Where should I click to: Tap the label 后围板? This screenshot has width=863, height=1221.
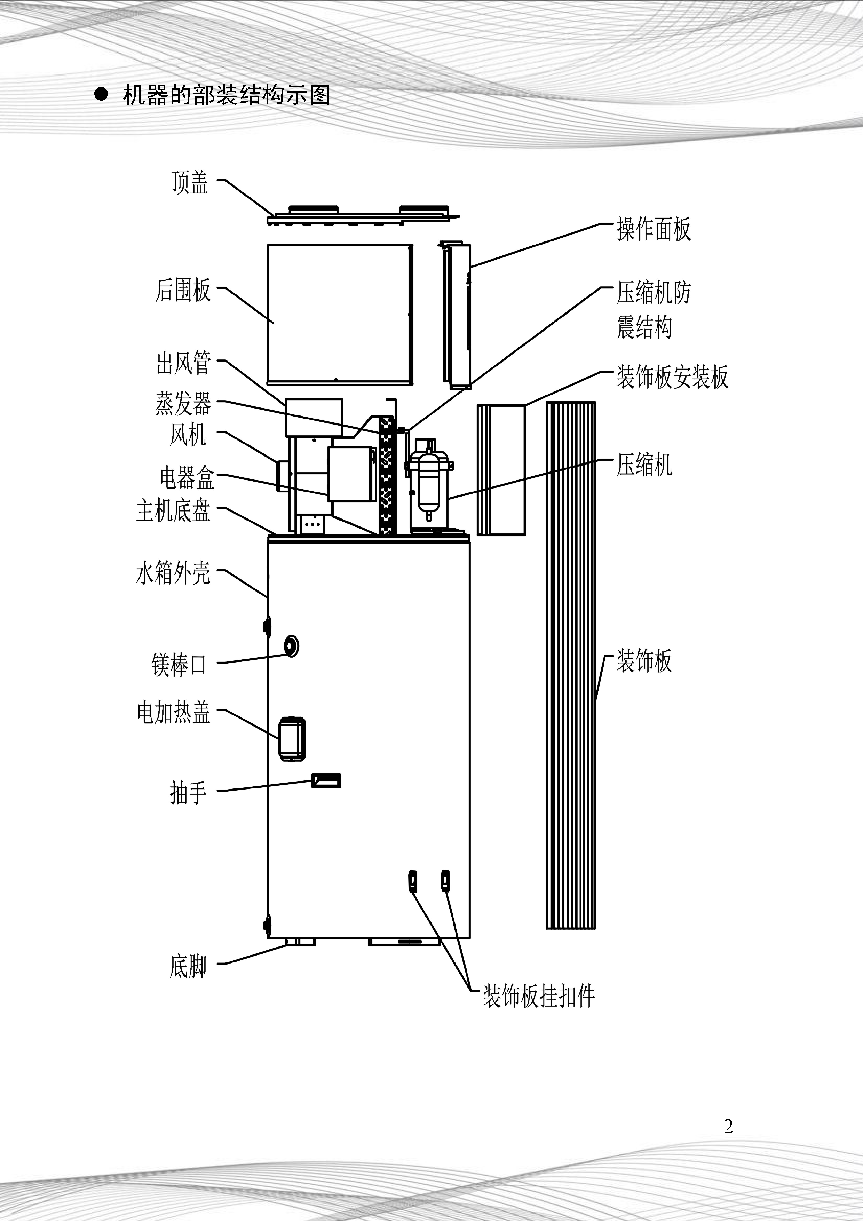tap(183, 290)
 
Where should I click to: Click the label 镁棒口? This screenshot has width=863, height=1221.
tap(179, 665)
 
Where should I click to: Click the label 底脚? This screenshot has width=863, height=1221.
tap(188, 966)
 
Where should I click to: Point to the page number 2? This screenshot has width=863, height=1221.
tap(728, 1126)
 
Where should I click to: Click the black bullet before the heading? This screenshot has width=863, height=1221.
tap(101, 95)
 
